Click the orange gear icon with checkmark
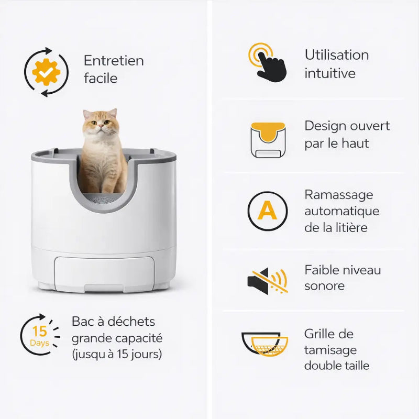coord(46,72)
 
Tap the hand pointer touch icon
coord(268,62)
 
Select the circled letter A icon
coord(268,211)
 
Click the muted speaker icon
coord(268,281)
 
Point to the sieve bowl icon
coord(265,344)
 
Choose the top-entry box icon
coord(268,140)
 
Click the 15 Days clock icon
coord(40,335)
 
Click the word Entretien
coord(114,61)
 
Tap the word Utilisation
coord(337,55)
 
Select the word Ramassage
coord(338,195)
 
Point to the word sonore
coord(324,286)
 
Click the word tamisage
coord(330,350)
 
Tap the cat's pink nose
coord(101,125)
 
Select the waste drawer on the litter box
coord(104,274)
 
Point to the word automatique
coord(342,212)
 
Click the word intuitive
coord(330,73)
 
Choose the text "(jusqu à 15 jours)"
coord(117,355)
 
